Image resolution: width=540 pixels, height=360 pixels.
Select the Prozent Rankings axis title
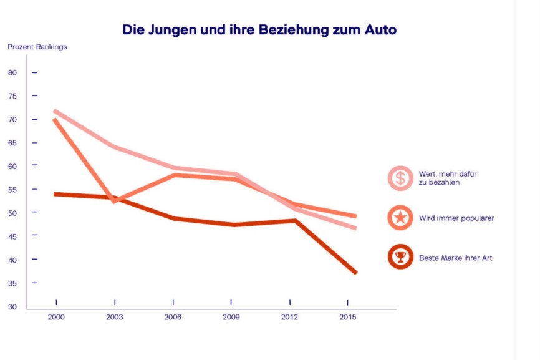(37, 47)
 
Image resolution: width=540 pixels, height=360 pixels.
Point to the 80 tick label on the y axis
(12, 72)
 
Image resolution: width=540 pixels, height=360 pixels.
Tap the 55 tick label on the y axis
(12, 190)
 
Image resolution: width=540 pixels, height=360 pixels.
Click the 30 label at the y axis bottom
(12, 307)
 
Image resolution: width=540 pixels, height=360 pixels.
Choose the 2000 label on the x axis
(56, 318)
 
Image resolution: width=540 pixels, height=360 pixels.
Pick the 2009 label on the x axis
(231, 318)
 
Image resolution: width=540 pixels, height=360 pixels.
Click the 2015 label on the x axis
(348, 318)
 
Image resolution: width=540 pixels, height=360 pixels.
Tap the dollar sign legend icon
(400, 178)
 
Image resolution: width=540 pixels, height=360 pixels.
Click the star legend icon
(400, 218)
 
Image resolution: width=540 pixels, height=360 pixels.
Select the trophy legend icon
(400, 257)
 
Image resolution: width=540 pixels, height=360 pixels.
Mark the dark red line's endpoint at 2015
(355, 273)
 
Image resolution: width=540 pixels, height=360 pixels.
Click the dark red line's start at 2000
(55, 194)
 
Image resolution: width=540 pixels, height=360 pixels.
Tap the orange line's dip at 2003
(114, 202)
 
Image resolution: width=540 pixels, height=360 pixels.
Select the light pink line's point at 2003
(114, 147)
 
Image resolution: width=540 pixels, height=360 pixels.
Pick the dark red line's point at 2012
(294, 220)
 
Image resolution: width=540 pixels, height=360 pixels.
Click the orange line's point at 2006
(174, 175)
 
